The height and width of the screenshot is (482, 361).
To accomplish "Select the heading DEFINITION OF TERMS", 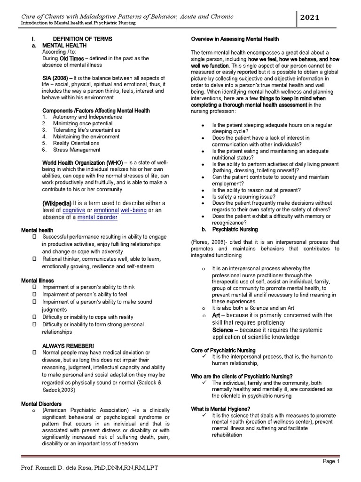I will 82,38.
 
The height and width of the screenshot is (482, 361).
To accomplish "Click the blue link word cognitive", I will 76,209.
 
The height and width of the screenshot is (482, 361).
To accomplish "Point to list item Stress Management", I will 77,150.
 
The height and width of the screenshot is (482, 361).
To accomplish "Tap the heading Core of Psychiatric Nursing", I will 223,351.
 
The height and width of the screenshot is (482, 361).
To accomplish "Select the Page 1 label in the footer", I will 330,462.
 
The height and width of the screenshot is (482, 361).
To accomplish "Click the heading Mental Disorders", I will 41,404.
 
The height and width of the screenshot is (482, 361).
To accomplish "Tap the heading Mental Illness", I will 38,281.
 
